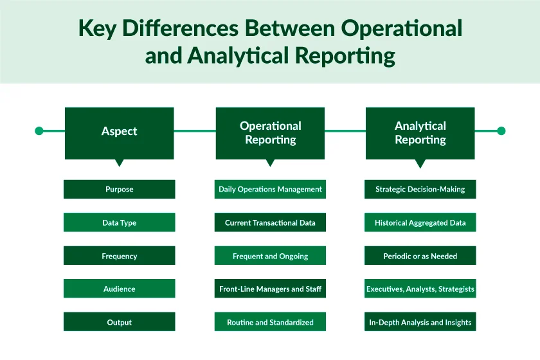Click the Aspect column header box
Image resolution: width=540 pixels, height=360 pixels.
click(x=120, y=132)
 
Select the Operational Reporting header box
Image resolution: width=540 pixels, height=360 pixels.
click(x=270, y=132)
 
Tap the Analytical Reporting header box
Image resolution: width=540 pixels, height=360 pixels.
click(x=420, y=132)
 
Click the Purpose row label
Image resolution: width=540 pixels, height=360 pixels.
click(x=120, y=190)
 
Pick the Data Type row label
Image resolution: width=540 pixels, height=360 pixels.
click(x=120, y=223)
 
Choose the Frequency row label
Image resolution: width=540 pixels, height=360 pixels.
click(x=120, y=256)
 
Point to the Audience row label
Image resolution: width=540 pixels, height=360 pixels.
click(x=120, y=289)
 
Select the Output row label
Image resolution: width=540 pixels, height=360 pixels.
click(x=120, y=322)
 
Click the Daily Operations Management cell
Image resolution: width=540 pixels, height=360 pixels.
click(x=270, y=190)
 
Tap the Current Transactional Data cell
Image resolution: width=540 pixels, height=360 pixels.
click(x=270, y=223)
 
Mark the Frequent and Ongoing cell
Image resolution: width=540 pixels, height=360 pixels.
click(x=270, y=256)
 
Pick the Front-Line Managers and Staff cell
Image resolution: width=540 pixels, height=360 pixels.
click(x=270, y=289)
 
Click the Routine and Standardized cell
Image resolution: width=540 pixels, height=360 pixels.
click(x=270, y=322)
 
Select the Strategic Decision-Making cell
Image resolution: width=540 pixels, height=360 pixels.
click(x=420, y=190)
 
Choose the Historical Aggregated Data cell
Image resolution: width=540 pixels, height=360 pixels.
click(x=420, y=223)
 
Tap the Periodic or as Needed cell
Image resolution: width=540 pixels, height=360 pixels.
click(x=420, y=256)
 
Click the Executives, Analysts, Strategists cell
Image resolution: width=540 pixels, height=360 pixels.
click(x=420, y=289)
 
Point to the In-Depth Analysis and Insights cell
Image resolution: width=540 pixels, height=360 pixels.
click(x=420, y=322)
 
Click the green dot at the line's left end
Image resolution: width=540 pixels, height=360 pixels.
click(x=39, y=131)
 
